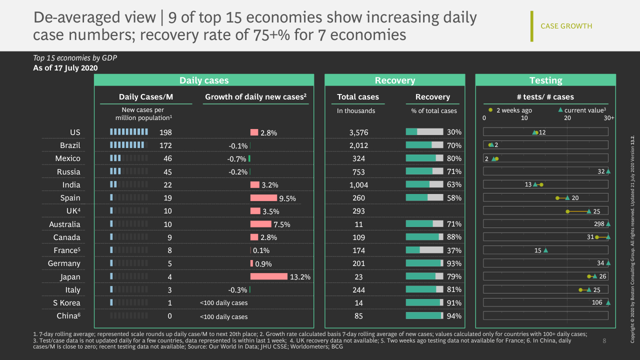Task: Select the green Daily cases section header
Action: [204, 80]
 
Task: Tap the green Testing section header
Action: [545, 80]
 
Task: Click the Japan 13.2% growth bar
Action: [269, 276]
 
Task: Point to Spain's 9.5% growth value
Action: [287, 198]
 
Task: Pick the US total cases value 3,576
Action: [358, 132]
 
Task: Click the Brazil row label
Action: [70, 145]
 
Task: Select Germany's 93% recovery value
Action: [454, 263]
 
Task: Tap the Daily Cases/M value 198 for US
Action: [165, 132]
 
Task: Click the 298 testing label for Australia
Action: [599, 224]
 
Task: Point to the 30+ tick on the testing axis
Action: [608, 118]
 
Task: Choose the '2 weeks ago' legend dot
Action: [490, 110]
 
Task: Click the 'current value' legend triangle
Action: [560, 110]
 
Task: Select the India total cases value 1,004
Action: [358, 185]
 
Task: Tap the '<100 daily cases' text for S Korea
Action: [223, 303]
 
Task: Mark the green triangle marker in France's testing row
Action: [545, 250]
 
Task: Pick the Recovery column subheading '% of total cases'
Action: [434, 110]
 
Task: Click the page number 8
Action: [604, 341]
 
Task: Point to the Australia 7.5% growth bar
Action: [261, 224]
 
